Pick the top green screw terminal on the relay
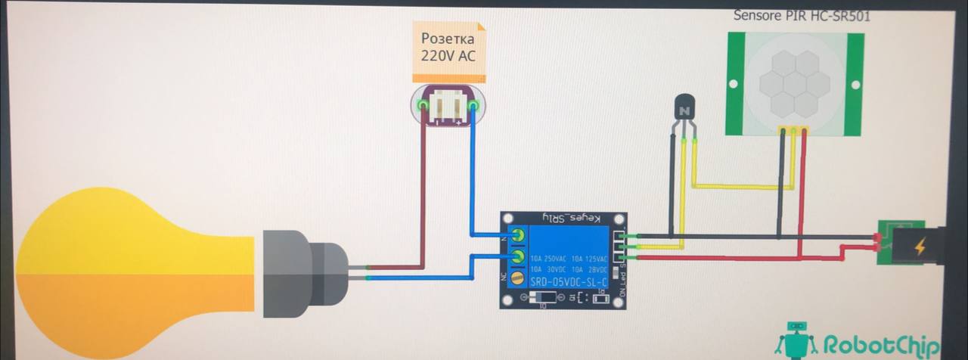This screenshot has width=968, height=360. pyautogui.click(x=518, y=235)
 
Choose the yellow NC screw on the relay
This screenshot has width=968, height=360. pyautogui.click(x=518, y=278)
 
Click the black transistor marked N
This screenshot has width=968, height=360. pyautogui.click(x=684, y=110)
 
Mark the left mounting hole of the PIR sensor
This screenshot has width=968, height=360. pyautogui.click(x=732, y=82)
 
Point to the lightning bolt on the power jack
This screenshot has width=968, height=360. pyautogui.click(x=920, y=247)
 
